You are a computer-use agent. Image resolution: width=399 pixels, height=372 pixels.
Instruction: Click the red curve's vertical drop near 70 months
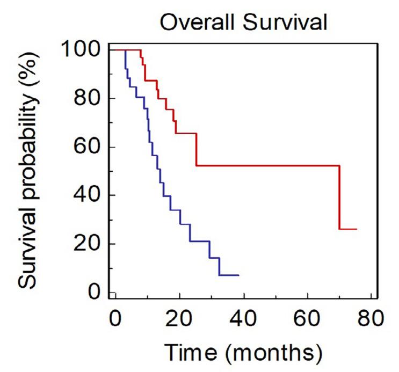coord(339,198)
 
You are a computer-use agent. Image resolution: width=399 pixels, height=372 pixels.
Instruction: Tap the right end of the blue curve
coord(238,275)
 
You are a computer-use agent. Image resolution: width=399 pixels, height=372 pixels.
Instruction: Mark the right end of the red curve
coord(356,229)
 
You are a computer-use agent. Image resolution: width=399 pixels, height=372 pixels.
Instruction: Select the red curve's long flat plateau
coord(269,165)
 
